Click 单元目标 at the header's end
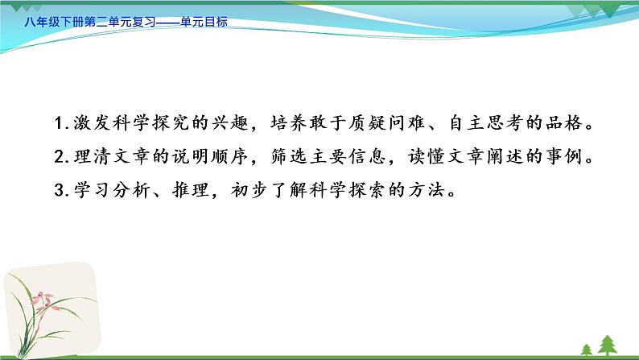pyautogui.click(x=204, y=23)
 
